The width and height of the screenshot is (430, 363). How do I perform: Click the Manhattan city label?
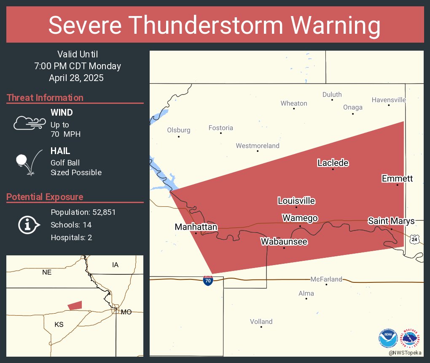[x=196, y=227]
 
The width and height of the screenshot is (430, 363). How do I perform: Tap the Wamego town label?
[x=300, y=218]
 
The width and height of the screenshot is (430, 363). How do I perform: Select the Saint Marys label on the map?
[x=391, y=221]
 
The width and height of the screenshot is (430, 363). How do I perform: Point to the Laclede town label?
[x=333, y=163]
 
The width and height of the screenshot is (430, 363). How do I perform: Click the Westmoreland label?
[x=257, y=146]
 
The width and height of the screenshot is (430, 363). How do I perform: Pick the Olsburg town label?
[x=179, y=130]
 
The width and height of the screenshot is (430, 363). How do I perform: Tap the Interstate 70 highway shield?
[x=208, y=280]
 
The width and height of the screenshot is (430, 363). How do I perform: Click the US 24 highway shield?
[x=415, y=239]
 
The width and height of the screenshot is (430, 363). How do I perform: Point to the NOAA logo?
[x=388, y=338]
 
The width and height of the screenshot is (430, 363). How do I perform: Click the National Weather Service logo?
[x=411, y=338]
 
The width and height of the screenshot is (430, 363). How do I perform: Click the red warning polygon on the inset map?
[x=75, y=305]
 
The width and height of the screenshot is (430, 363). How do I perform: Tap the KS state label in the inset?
[x=59, y=324]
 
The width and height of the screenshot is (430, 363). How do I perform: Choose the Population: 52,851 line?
[x=83, y=212]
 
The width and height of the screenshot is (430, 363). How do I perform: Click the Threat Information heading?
[x=45, y=98]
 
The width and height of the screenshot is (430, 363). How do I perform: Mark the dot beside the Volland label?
[x=261, y=327]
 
